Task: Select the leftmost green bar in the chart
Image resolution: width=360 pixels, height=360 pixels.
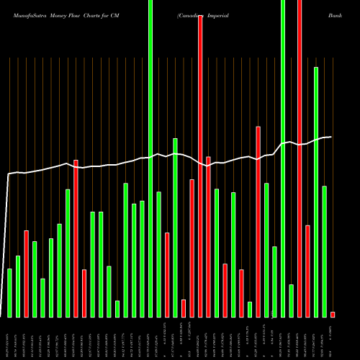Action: coord(9,292)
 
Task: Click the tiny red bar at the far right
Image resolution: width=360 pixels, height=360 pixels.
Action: coord(333,314)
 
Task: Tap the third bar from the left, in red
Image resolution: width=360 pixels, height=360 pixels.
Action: coord(26,274)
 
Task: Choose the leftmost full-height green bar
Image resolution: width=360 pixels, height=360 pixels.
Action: coord(150,158)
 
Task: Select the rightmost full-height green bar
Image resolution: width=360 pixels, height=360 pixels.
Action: coord(283,158)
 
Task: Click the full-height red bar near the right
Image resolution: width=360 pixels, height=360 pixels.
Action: coord(300,158)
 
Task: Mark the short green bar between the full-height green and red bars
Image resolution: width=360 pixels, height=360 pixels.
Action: coord(292,300)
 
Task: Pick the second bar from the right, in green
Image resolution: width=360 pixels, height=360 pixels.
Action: coord(325,251)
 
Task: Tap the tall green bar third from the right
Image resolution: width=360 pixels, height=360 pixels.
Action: coord(316,192)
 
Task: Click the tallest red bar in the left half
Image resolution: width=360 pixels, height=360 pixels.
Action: coord(76,238)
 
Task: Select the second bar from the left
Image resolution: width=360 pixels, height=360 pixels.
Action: coord(18,286)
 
